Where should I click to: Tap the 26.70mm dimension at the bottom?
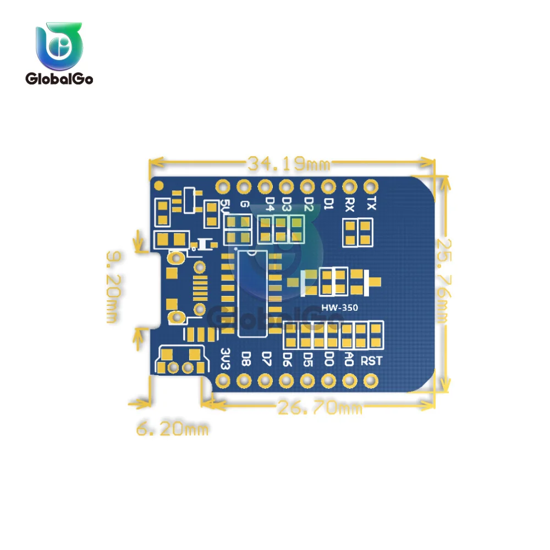click(x=320, y=408)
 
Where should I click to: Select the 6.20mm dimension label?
click(x=172, y=428)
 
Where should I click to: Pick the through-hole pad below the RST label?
click(x=371, y=380)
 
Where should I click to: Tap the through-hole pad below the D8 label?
click(x=244, y=380)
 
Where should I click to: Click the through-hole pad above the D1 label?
click(x=328, y=186)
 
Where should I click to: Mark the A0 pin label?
click(x=349, y=360)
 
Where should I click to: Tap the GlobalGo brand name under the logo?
click(x=59, y=79)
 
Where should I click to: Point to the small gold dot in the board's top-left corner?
click(x=159, y=185)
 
